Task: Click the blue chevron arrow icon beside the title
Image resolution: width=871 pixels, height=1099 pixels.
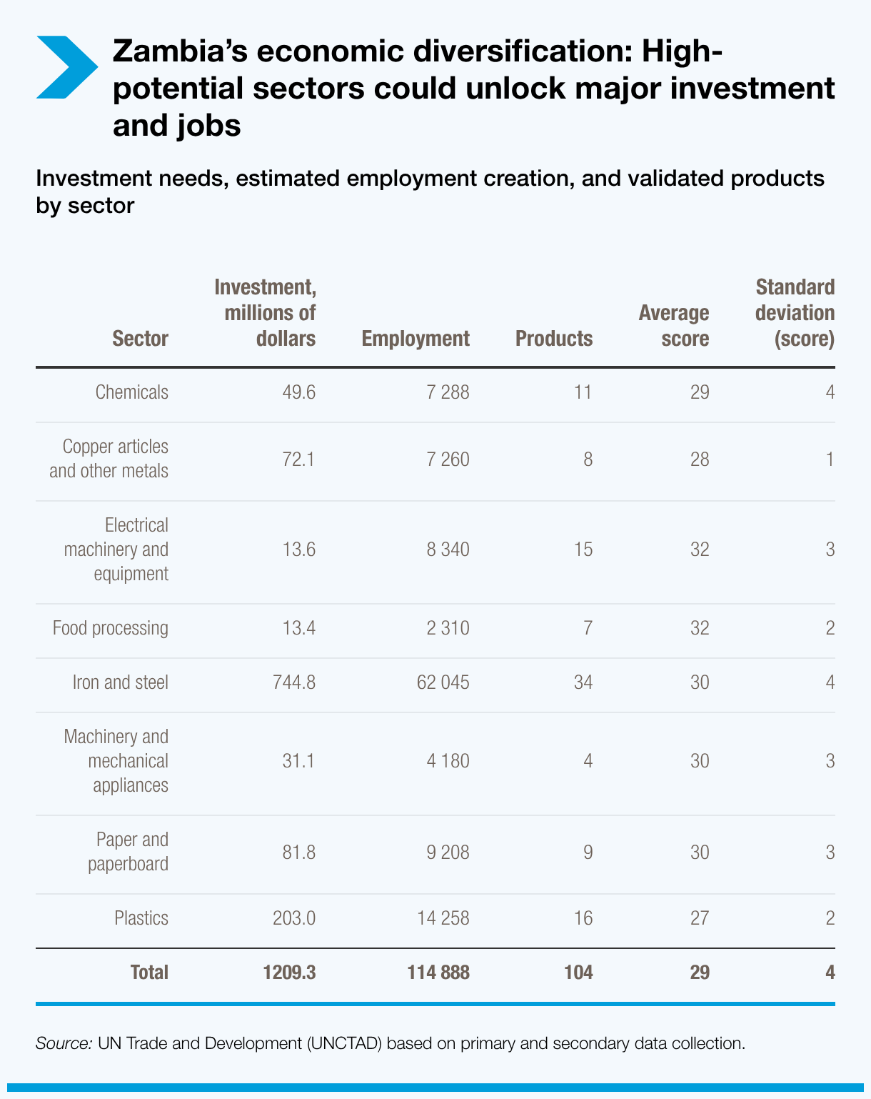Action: click(x=66, y=67)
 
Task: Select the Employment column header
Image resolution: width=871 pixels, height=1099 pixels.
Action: click(x=416, y=339)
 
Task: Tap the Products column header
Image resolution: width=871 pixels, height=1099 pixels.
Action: click(x=553, y=339)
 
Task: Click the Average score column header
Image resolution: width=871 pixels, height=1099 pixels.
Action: click(x=673, y=326)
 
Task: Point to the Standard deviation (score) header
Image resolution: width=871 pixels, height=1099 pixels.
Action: click(x=794, y=313)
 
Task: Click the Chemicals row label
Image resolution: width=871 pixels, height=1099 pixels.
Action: click(x=131, y=392)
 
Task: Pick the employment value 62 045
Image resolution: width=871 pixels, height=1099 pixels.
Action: click(x=443, y=682)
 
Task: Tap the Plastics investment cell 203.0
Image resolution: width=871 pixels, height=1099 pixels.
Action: click(x=293, y=918)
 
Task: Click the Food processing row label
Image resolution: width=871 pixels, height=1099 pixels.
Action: click(x=110, y=628)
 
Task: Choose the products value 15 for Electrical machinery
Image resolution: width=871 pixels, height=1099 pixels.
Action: click(x=583, y=549)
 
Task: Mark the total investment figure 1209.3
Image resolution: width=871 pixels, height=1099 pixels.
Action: click(x=288, y=973)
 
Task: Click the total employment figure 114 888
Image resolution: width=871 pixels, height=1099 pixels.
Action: click(x=438, y=973)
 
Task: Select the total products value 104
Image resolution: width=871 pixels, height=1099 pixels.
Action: click(x=578, y=973)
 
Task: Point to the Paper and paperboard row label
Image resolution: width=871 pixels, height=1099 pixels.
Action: click(x=128, y=852)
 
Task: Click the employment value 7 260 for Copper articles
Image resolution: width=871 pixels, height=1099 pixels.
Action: click(x=448, y=459)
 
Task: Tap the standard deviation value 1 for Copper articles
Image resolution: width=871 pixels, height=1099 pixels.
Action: click(x=830, y=459)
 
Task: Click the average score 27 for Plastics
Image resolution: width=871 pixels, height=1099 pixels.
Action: click(x=700, y=918)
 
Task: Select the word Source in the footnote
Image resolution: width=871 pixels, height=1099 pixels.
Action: click(x=63, y=1043)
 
